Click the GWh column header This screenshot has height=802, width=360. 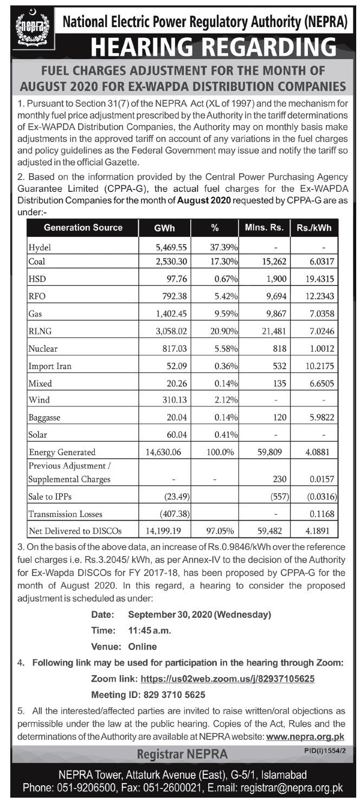click(x=164, y=228)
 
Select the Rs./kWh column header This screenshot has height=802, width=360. click(x=314, y=228)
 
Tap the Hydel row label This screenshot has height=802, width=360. click(x=40, y=248)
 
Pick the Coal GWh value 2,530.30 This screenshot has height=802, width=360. click(x=171, y=261)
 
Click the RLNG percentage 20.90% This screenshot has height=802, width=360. click(x=224, y=331)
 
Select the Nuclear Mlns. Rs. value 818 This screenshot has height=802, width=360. click(x=279, y=348)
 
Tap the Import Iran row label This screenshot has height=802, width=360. click(x=50, y=366)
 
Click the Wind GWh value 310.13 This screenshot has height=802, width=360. click(x=175, y=399)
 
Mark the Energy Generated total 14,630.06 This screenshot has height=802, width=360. click(x=163, y=452)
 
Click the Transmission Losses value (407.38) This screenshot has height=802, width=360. click(x=175, y=514)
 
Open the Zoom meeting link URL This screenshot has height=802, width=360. click(x=228, y=678)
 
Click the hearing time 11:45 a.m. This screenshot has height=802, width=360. click(x=150, y=631)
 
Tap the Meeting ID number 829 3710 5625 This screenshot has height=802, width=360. click(x=174, y=695)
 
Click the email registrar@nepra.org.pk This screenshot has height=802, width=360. click(x=292, y=788)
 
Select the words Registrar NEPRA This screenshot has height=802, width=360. click(x=182, y=754)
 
